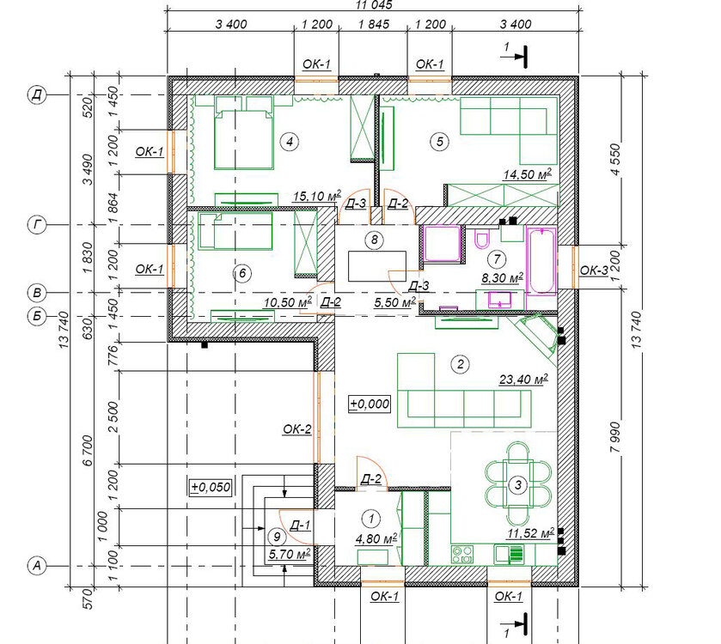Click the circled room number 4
click(x=290, y=142)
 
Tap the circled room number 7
click(x=497, y=259)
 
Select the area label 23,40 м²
click(x=523, y=380)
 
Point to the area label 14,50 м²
click(x=527, y=174)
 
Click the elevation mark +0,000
click(x=370, y=404)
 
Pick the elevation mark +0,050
click(x=211, y=487)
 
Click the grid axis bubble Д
click(x=37, y=95)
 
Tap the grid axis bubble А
click(x=37, y=566)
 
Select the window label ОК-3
click(x=594, y=271)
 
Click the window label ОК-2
click(x=297, y=429)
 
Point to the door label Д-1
click(x=300, y=525)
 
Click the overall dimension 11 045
click(x=374, y=4)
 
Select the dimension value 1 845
click(x=373, y=24)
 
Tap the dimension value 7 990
click(x=615, y=437)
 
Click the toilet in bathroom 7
click(x=481, y=239)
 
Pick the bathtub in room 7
click(x=541, y=261)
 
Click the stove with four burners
click(x=462, y=554)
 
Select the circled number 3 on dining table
click(x=518, y=484)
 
